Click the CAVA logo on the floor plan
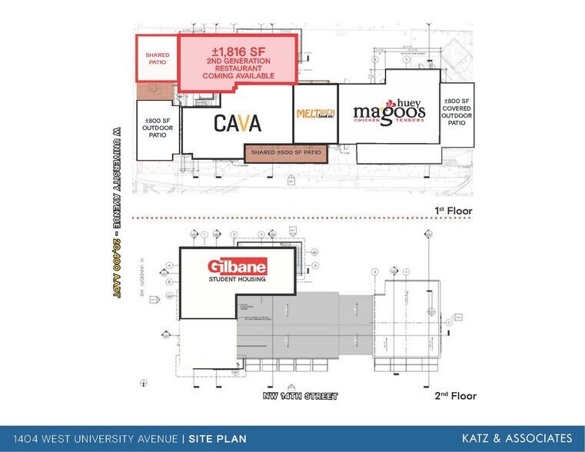coord(238,123)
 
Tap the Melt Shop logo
coord(315,115)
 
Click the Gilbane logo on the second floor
coord(237,268)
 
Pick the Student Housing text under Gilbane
coord(237,281)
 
